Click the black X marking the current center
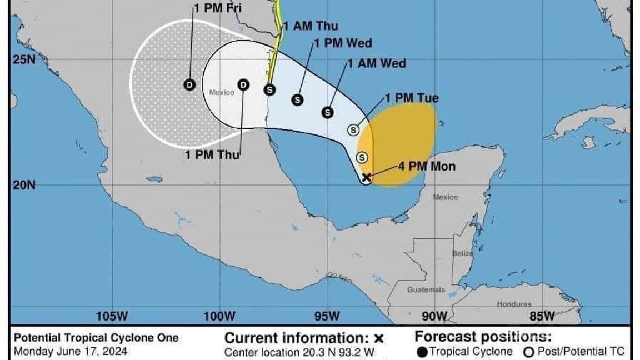pyautogui.click(x=366, y=178)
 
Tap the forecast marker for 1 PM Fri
pyautogui.click(x=190, y=84)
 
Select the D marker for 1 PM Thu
pyautogui.click(x=243, y=84)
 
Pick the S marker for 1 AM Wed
pyautogui.click(x=328, y=112)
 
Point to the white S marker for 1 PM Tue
pyautogui.click(x=354, y=129)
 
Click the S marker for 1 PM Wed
pyautogui.click(x=298, y=99)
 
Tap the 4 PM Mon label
pyautogui.click(x=427, y=166)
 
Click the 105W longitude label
pyautogui.click(x=112, y=317)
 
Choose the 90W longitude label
pyautogui.click(x=434, y=317)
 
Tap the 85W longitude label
pyautogui.click(x=542, y=317)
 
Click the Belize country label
pyautogui.click(x=462, y=253)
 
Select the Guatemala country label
pyautogui.click(x=426, y=290)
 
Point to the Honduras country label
pyautogui.click(x=514, y=304)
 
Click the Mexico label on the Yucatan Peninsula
pyautogui.click(x=446, y=197)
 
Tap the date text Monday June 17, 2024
pyautogui.click(x=70, y=351)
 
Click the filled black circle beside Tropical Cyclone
pyautogui.click(x=422, y=352)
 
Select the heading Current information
pyautogui.click(x=297, y=338)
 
